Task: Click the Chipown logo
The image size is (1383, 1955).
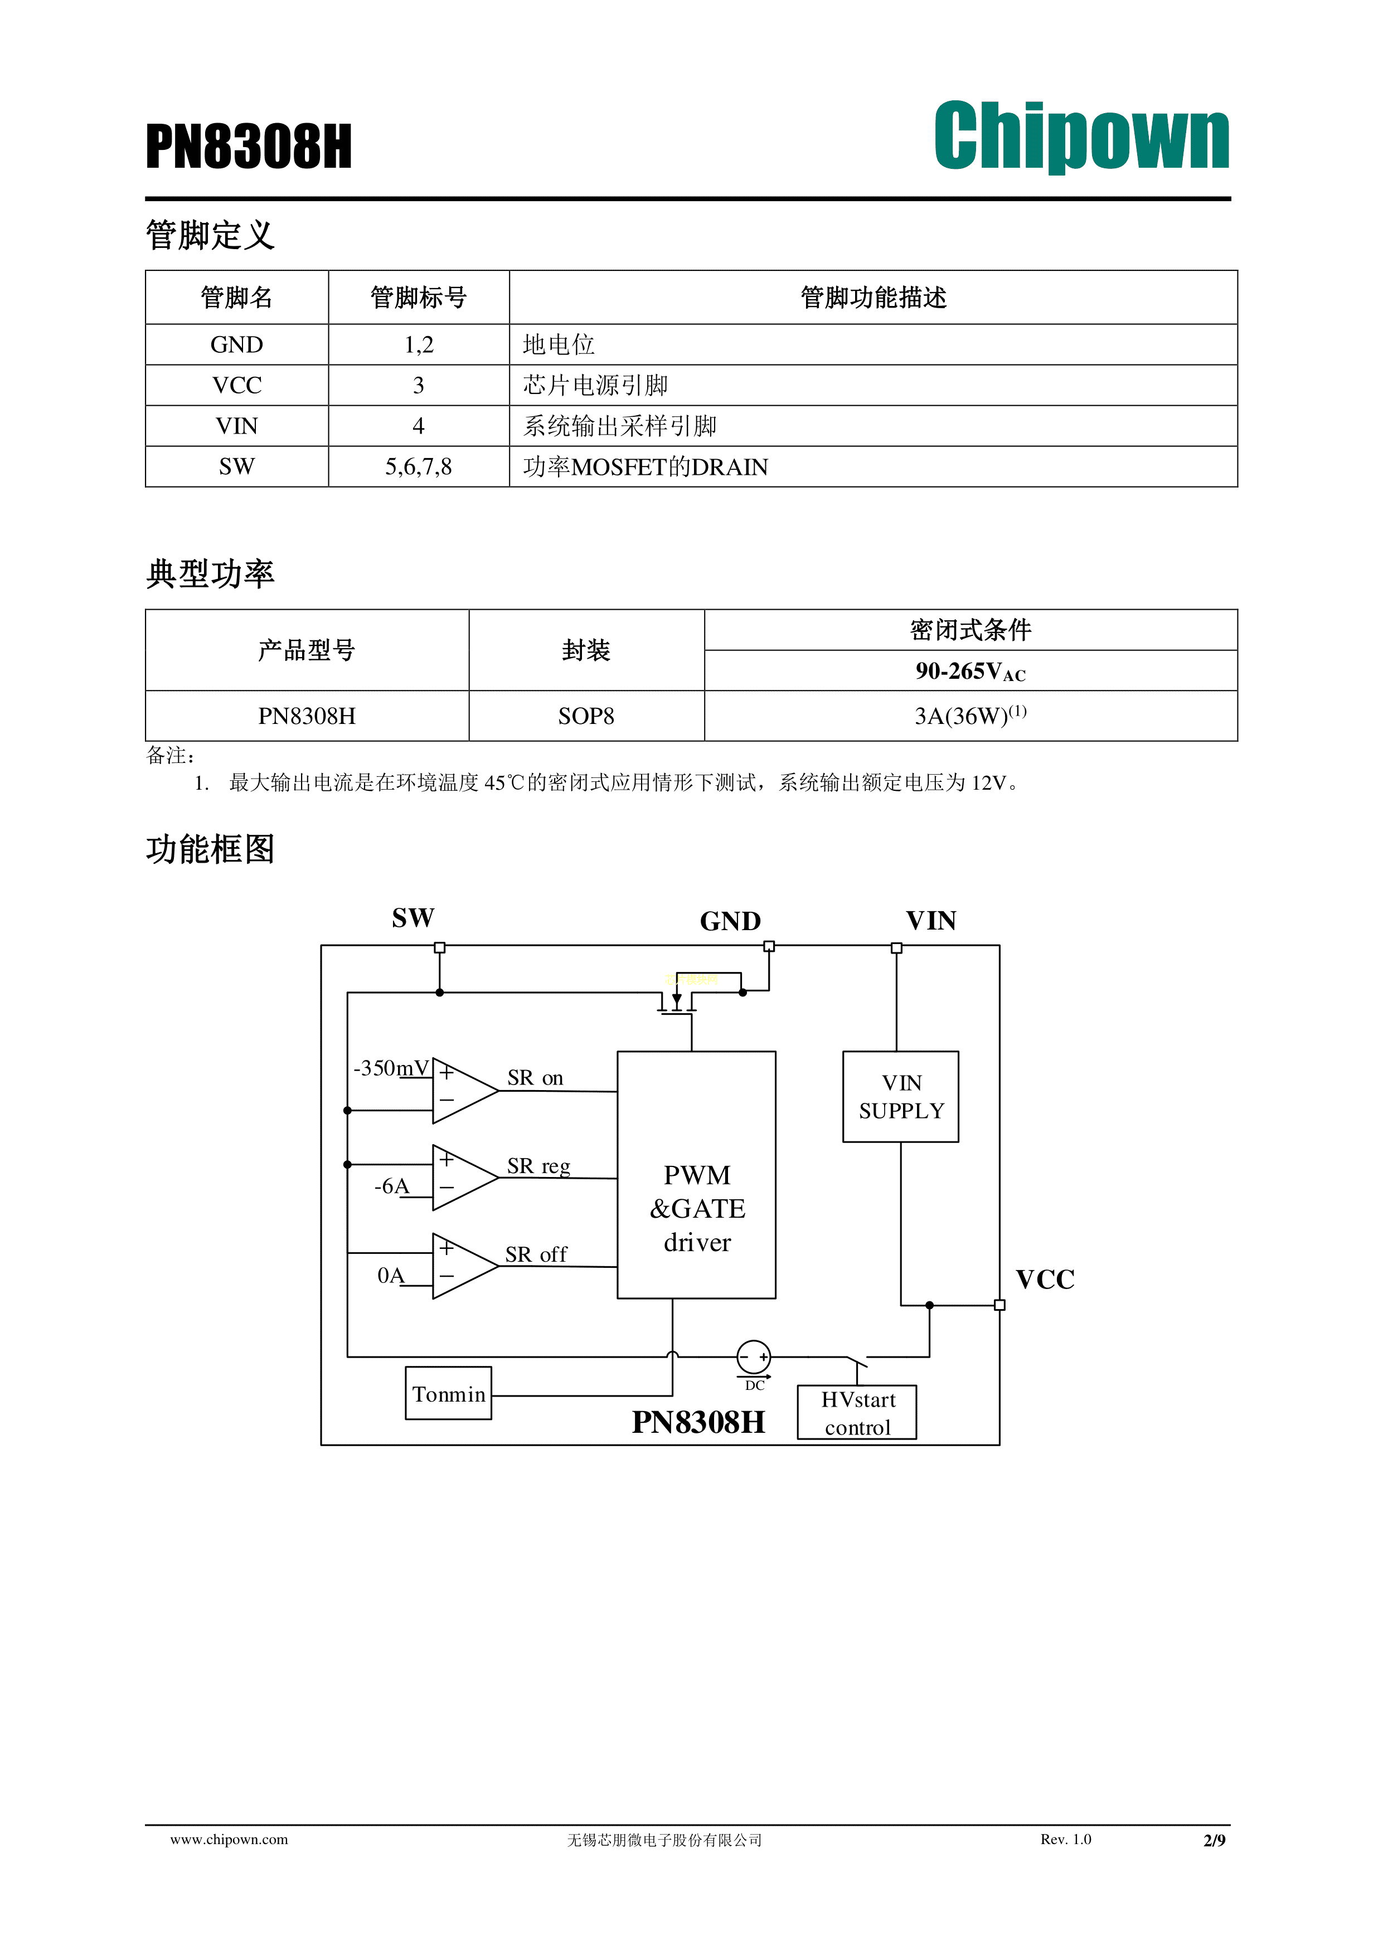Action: pyautogui.click(x=1081, y=136)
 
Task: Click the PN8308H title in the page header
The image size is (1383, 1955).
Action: pyautogui.click(x=249, y=147)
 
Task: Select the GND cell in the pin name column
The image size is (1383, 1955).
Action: pyautogui.click(x=237, y=345)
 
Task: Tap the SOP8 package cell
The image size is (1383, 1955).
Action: pyautogui.click(x=586, y=716)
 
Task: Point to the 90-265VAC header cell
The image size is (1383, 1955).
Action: pyautogui.click(x=970, y=671)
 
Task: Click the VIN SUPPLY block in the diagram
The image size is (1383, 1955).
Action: pyautogui.click(x=900, y=1097)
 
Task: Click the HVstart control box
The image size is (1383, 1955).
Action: pyautogui.click(x=857, y=1413)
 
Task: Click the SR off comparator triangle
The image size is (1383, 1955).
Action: pyautogui.click(x=460, y=1266)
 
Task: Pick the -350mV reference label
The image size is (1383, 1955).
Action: pyautogui.click(x=391, y=1068)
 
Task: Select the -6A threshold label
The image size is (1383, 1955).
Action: pyautogui.click(x=392, y=1186)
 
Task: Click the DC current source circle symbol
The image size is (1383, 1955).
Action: pyautogui.click(x=754, y=1356)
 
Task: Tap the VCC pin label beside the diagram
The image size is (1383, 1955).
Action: pyautogui.click(x=1045, y=1280)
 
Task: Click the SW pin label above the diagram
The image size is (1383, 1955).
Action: pyautogui.click(x=413, y=918)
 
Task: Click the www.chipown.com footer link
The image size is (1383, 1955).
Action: pyautogui.click(x=229, y=1839)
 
